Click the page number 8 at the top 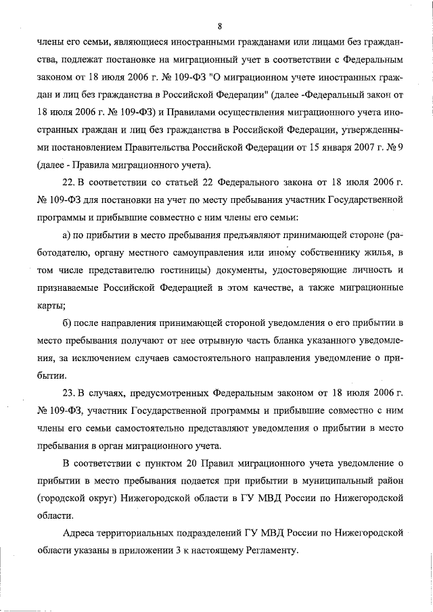(220, 26)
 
